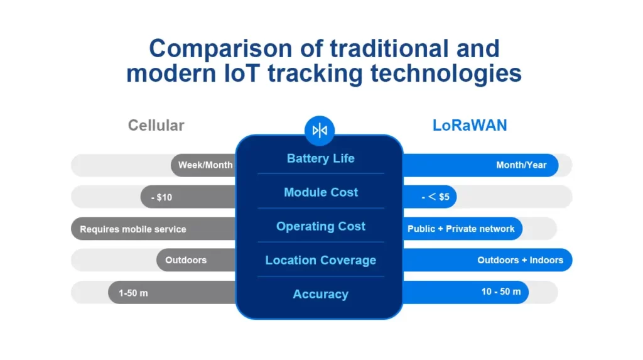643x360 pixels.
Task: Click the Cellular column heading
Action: pos(156,125)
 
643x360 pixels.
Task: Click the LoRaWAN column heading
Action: pos(470,125)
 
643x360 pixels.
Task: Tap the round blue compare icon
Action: pos(320,130)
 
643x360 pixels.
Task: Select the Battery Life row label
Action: pos(320,158)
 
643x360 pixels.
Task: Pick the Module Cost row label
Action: pos(320,192)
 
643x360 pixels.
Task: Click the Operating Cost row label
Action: pos(320,226)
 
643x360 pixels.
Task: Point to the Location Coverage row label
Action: pos(320,260)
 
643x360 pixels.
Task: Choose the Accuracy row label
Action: pos(320,294)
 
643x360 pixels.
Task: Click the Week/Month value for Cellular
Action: pos(205,165)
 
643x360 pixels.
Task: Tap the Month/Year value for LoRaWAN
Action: pos(521,165)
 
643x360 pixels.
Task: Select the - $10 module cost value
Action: pos(161,197)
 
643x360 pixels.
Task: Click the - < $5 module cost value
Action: pos(435,197)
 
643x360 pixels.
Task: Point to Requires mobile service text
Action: pos(133,229)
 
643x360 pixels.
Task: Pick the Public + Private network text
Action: pos(461,229)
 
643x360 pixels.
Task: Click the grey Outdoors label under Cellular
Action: pos(186,260)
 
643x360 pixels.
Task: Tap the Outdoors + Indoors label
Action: pos(520,260)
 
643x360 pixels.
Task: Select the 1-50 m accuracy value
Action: pos(133,293)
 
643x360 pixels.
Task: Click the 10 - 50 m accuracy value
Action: pos(501,292)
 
